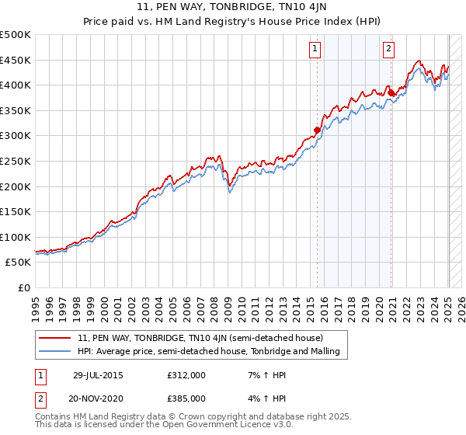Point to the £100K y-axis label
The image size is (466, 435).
click(17, 237)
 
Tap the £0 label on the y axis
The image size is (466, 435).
click(24, 287)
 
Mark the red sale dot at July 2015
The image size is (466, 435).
click(317, 130)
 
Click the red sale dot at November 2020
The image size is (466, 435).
click(391, 93)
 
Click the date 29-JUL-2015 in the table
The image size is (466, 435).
click(98, 375)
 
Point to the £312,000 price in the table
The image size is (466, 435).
click(186, 375)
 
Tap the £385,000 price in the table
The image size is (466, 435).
click(186, 398)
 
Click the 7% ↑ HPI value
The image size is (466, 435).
click(261, 375)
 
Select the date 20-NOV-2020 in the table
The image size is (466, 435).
click(98, 398)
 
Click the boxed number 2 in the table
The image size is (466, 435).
click(40, 398)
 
